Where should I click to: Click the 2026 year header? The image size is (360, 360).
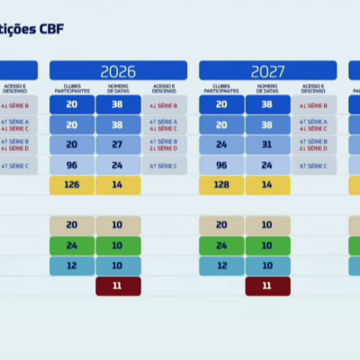pyautogui.click(x=118, y=71)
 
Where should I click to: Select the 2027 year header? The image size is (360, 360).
pyautogui.click(x=267, y=71)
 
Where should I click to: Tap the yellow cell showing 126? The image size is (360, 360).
pyautogui.click(x=72, y=185)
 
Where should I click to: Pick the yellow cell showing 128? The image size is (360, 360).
pyautogui.click(x=221, y=185)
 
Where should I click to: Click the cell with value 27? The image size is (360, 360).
pyautogui.click(x=118, y=145)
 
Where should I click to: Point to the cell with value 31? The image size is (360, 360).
pyautogui.click(x=267, y=145)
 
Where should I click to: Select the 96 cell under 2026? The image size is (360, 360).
pyautogui.click(x=72, y=166)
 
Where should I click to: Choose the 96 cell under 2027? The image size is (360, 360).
pyautogui.click(x=221, y=166)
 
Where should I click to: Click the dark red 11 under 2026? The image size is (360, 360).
pyautogui.click(x=118, y=286)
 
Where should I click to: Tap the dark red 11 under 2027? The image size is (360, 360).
pyautogui.click(x=267, y=286)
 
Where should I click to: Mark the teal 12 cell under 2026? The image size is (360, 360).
pyautogui.click(x=72, y=265)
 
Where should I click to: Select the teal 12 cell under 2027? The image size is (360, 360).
pyautogui.click(x=221, y=265)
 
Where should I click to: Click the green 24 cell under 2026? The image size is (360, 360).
pyautogui.click(x=72, y=246)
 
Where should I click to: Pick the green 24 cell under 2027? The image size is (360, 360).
pyautogui.click(x=221, y=246)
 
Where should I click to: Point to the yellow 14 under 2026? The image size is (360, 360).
pyautogui.click(x=118, y=185)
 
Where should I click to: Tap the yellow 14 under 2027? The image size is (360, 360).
pyautogui.click(x=267, y=185)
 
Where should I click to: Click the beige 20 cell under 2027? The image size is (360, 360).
pyautogui.click(x=221, y=225)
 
